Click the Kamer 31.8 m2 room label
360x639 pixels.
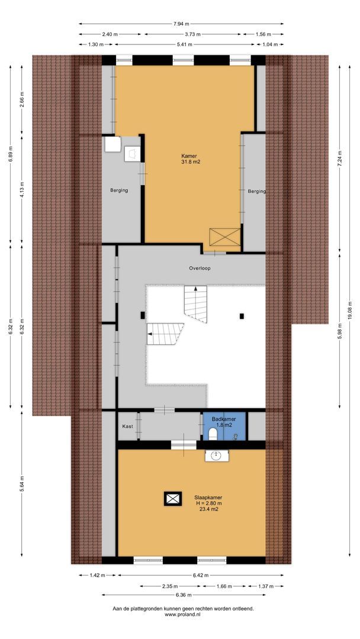[189, 160]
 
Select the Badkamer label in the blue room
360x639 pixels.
[224, 419]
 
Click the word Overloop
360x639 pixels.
[200, 268]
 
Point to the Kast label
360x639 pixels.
[127, 426]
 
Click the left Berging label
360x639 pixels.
[119, 191]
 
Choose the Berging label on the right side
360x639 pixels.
[256, 191]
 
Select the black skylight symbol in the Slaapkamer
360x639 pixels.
[173, 499]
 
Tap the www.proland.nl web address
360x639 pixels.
[183, 615]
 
